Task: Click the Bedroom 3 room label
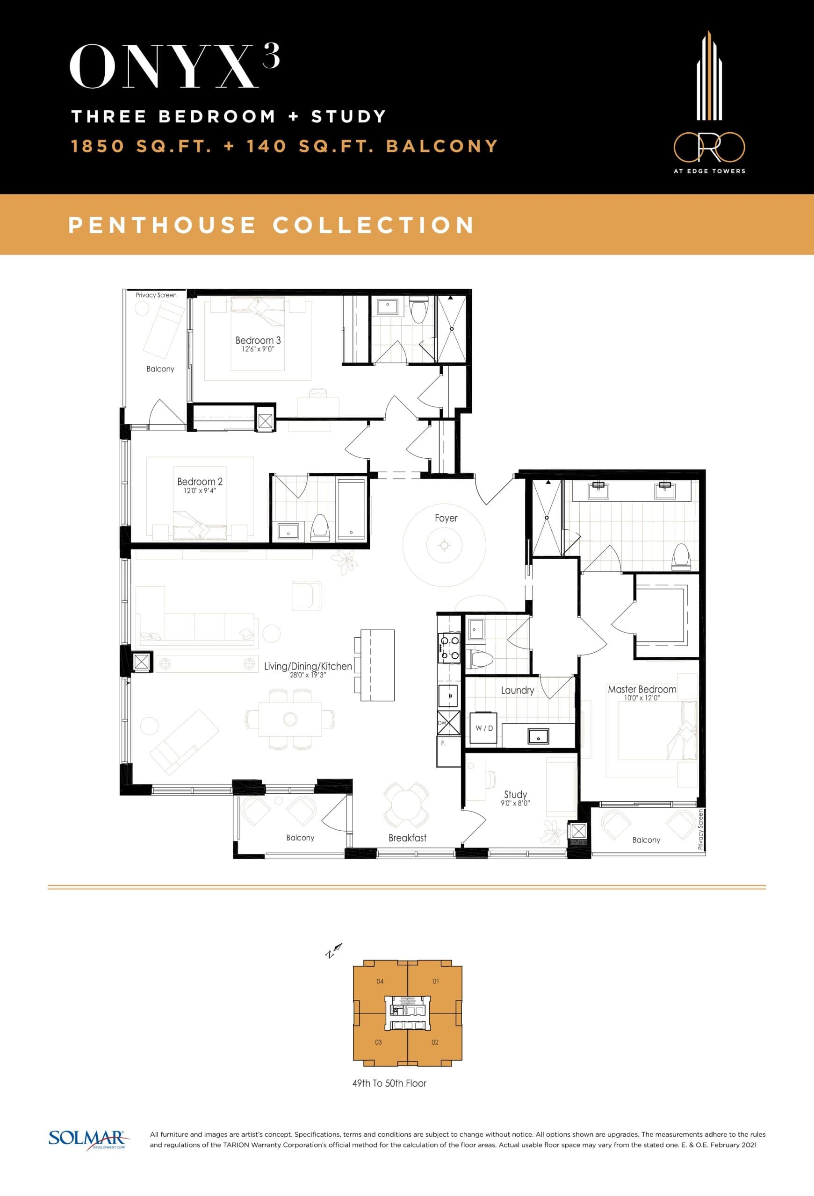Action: pos(258,340)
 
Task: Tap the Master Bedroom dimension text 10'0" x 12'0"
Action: pos(641,698)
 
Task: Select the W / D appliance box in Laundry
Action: pos(484,728)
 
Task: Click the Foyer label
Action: pos(446,518)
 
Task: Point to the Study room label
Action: pos(515,794)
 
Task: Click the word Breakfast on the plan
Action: pos(407,838)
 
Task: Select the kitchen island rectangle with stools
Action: pos(377,665)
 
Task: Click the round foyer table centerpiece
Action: pos(444,545)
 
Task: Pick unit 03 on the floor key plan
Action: pos(378,1042)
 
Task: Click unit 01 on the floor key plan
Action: pos(436,982)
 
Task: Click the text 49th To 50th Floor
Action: pos(389,1083)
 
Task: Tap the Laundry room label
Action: pos(518,690)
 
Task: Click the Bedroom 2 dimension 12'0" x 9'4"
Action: pos(200,491)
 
